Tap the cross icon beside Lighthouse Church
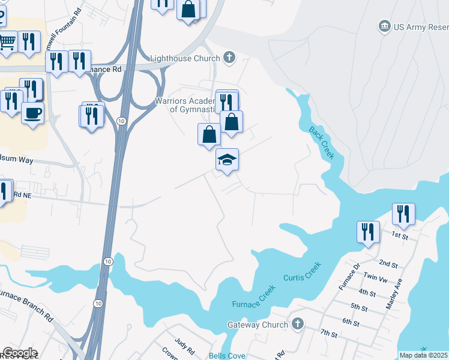tap(228, 58)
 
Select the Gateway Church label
tap(258, 325)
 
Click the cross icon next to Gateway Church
tap(297, 324)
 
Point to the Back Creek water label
tap(321, 143)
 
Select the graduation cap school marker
tap(227, 160)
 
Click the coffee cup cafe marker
tap(32, 112)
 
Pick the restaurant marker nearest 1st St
tap(402, 214)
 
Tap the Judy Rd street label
tap(185, 346)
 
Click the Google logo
tap(19, 353)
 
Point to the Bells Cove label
tap(226, 355)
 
